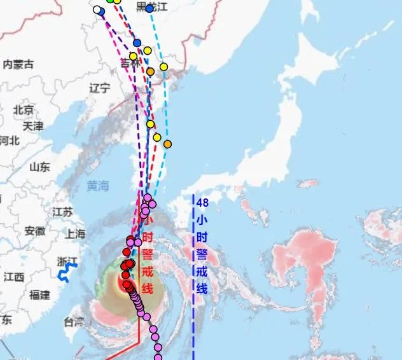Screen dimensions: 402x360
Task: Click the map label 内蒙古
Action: point(18,64)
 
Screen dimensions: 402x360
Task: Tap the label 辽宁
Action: point(100,88)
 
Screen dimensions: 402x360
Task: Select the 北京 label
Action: point(24,110)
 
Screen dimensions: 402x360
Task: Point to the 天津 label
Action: point(32,126)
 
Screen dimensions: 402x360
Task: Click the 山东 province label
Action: point(39,167)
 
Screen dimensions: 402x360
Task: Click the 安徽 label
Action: point(34,231)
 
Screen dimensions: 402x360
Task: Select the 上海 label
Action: point(75,233)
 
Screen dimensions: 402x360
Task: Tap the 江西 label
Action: point(14,277)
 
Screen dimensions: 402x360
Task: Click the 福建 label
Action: point(39,294)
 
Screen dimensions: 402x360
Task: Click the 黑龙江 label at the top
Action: point(151,6)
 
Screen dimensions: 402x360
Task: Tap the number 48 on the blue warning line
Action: point(203,203)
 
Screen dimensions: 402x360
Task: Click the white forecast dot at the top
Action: point(97,10)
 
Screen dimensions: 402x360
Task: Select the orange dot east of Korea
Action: point(167,144)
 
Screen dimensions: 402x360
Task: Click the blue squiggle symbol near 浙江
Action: point(64,274)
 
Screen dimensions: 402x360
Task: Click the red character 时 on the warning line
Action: point(148,237)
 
